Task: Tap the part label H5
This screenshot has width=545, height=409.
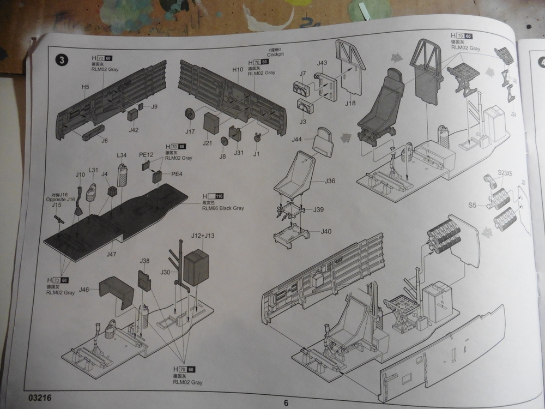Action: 86,87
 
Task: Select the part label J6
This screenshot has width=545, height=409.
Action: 104,140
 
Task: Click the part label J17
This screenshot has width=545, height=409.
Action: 190,131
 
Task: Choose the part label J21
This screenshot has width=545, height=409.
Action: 207,143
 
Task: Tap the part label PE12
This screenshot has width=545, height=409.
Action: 145,155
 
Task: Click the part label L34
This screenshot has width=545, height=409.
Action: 122,155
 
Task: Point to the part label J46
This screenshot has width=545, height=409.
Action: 84,289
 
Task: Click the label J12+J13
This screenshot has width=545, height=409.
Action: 203,236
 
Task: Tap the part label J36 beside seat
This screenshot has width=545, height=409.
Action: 330,181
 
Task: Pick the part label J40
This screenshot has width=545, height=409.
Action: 326,231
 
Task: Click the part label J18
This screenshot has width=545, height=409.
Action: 350,103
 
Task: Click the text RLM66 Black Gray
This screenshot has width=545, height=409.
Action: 222,208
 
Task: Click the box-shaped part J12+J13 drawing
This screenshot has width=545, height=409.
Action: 196,267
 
